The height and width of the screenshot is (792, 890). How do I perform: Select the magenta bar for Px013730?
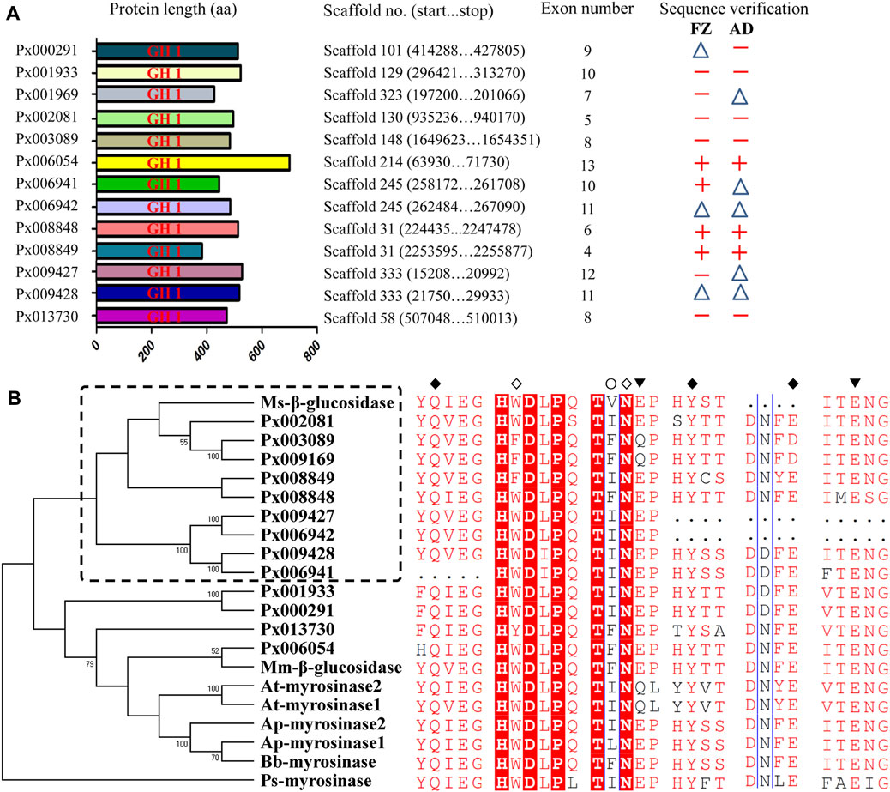pyautogui.click(x=162, y=317)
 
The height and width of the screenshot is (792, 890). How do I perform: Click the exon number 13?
pyautogui.click(x=587, y=162)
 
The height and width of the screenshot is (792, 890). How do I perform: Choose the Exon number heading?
pyautogui.click(x=587, y=9)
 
